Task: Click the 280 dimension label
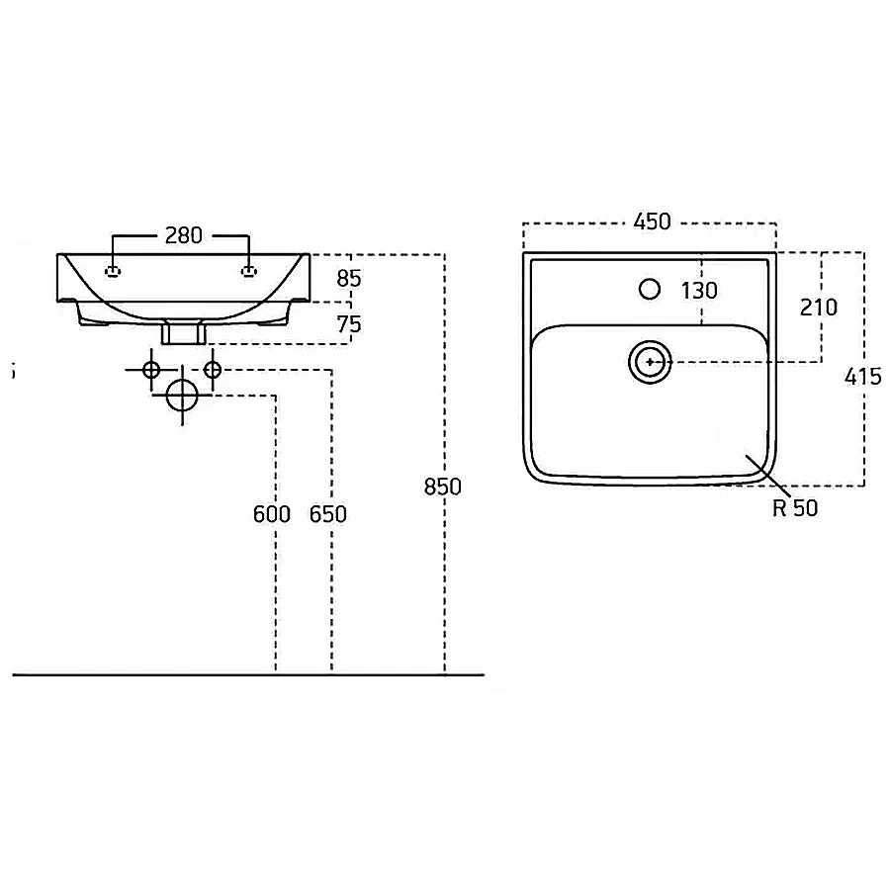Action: pos(183,235)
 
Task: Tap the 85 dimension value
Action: pos(348,279)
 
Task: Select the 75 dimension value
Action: pos(348,324)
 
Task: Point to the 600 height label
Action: pos(272,514)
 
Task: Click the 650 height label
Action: pos(328,514)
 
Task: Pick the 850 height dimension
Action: pos(443,487)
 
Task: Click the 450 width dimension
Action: pos(653,222)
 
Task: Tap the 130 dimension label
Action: pos(700,291)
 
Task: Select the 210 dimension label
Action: pos(819,308)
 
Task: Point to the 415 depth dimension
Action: pos(862,377)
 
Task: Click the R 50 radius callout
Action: pos(795,508)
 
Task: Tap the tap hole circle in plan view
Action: pos(650,289)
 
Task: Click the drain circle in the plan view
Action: pos(650,362)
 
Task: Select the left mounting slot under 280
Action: pos(114,271)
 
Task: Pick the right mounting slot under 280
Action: pos(249,271)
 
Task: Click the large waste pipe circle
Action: pos(182,396)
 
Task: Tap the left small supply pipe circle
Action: pos(151,370)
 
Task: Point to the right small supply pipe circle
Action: pos(213,370)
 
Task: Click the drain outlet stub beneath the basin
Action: pos(183,332)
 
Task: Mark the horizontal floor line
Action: pos(248,674)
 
